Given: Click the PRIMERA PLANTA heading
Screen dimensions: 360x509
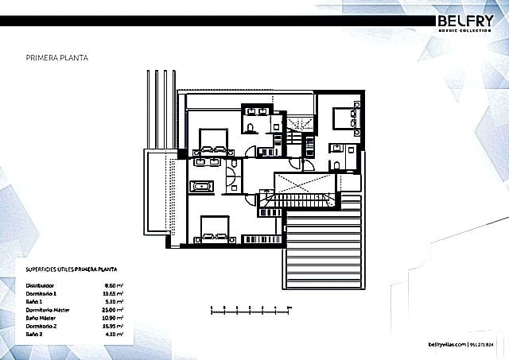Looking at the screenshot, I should [57, 58].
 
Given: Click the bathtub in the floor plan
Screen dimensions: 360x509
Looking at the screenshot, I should [201, 188].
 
